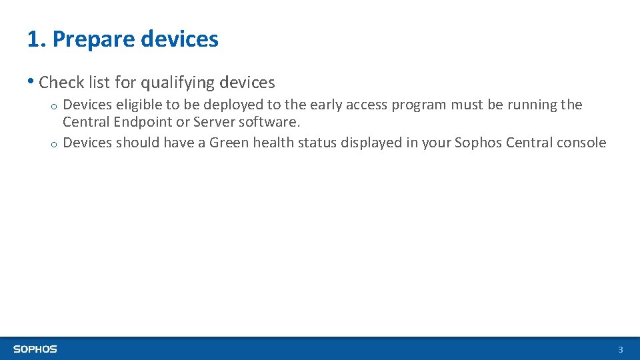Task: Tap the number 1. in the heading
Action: click(x=37, y=39)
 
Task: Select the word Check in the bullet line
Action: click(x=62, y=83)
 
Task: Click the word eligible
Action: click(x=138, y=105)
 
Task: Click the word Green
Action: click(x=228, y=143)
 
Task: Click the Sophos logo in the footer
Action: click(x=35, y=349)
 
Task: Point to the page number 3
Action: click(x=620, y=350)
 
